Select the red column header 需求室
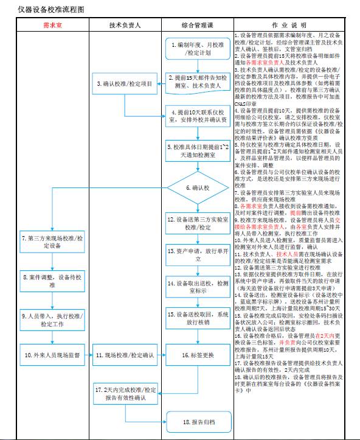click(x=52, y=25)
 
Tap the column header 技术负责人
click(x=125, y=25)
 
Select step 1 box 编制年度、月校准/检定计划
click(x=197, y=49)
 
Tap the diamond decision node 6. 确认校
click(x=197, y=189)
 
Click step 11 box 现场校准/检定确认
click(x=125, y=355)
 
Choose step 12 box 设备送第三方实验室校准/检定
click(x=197, y=223)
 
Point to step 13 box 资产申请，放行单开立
click(x=197, y=254)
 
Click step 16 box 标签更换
click(x=197, y=355)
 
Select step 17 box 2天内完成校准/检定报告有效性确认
click(x=125, y=394)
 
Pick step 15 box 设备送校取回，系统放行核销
click(x=197, y=319)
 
